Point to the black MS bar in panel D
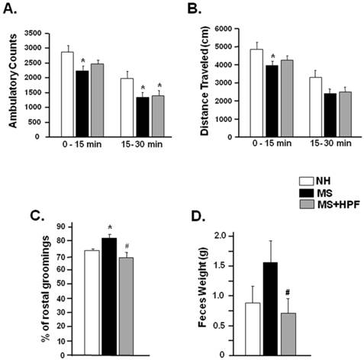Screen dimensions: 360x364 coord(269,308)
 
